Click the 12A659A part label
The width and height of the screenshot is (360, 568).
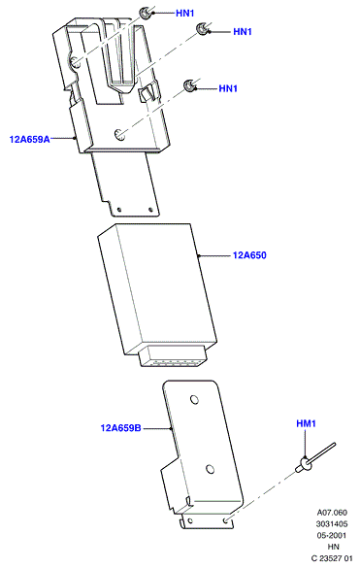[30, 139]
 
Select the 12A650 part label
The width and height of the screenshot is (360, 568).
[249, 255]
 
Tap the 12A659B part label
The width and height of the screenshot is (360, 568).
[120, 428]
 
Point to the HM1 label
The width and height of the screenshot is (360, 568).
[306, 423]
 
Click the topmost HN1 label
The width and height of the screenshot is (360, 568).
[185, 13]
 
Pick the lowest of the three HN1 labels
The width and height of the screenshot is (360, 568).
[228, 88]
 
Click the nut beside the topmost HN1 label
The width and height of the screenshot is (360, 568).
[146, 13]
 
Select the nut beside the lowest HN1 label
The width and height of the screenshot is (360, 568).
[189, 85]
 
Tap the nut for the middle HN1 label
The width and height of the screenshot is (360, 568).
[202, 29]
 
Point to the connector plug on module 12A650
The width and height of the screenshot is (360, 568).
[173, 355]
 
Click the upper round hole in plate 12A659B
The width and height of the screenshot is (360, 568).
[194, 400]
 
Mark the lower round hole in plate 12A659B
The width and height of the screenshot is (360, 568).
[210, 470]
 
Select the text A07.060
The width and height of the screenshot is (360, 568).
[332, 513]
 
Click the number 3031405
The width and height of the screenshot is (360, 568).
[332, 523]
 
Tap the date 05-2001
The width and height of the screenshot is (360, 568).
[332, 535]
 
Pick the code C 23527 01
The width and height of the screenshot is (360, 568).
[332, 558]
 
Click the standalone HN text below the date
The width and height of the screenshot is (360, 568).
[333, 547]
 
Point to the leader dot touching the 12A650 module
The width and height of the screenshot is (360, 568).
[199, 256]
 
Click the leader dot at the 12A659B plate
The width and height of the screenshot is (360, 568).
[171, 428]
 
